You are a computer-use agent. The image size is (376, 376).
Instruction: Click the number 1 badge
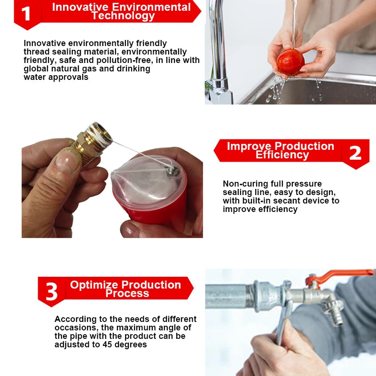coord(26,14)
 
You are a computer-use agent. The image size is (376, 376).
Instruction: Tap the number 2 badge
coord(355,153)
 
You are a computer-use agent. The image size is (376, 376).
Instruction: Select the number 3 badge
coord(51,291)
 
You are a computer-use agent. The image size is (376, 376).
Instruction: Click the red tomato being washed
coord(290,62)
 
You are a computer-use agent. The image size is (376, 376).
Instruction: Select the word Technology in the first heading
coord(123,16)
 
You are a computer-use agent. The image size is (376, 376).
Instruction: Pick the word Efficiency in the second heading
coord(282,155)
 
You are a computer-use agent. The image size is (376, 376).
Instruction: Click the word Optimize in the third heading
coord(92,285)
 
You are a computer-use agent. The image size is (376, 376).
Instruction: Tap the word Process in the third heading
coord(127,294)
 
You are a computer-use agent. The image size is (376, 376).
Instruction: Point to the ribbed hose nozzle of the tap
coord(334,313)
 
